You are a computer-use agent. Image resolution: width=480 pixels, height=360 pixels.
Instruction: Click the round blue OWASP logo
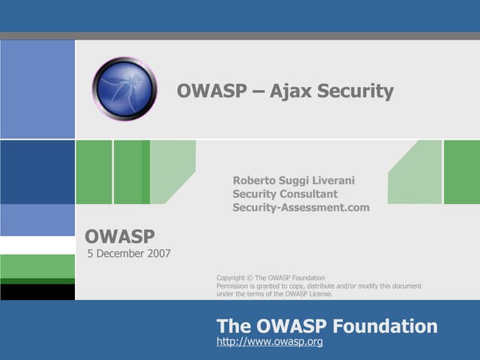click(x=124, y=89)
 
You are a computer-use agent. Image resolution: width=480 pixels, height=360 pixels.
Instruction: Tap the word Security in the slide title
click(x=354, y=91)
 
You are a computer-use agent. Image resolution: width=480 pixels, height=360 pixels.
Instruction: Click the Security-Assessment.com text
click(x=301, y=208)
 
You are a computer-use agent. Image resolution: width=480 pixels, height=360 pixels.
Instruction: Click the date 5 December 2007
click(x=129, y=253)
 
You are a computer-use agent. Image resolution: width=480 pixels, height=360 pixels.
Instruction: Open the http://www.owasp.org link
click(x=269, y=342)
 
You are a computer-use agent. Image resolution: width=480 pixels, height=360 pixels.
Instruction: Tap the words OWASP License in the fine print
click(x=309, y=294)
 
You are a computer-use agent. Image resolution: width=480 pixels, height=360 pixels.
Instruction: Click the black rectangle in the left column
click(x=37, y=292)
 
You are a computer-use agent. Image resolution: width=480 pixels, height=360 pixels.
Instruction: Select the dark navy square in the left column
click(x=37, y=172)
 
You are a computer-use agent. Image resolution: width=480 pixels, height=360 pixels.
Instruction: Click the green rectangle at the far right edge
click(x=461, y=172)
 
